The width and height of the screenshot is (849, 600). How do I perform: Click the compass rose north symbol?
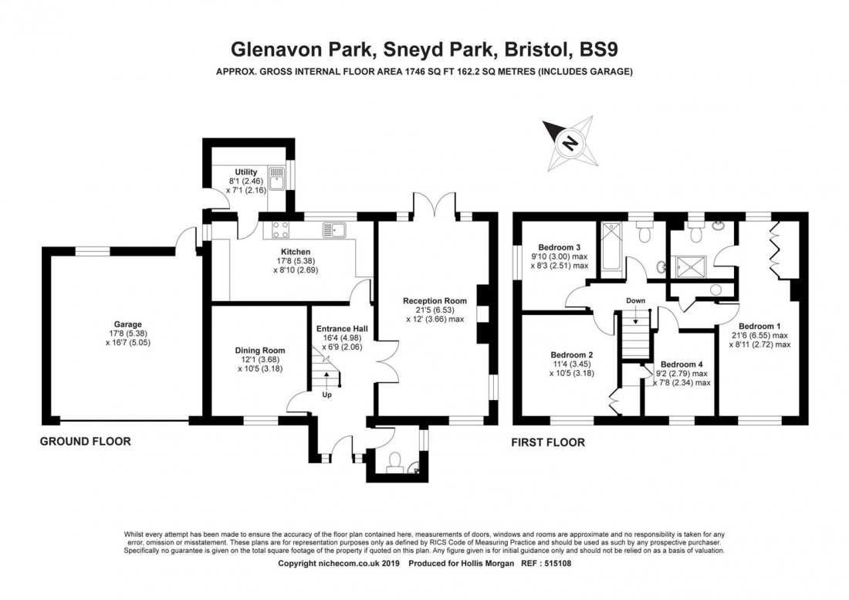[x=570, y=144]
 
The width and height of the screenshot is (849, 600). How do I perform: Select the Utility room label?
[x=246, y=172]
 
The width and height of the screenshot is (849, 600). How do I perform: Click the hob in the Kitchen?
[x=279, y=229]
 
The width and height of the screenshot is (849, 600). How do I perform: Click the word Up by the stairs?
[x=327, y=395]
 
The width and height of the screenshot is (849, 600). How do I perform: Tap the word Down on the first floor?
[x=636, y=300]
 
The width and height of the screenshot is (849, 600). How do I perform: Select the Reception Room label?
[x=435, y=301]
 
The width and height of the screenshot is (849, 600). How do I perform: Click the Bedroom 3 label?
[x=556, y=246]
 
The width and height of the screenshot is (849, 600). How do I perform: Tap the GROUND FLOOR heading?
[x=86, y=442]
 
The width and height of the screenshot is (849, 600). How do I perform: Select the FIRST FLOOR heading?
[x=548, y=442]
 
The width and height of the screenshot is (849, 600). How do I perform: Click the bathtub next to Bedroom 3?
[x=611, y=246]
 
